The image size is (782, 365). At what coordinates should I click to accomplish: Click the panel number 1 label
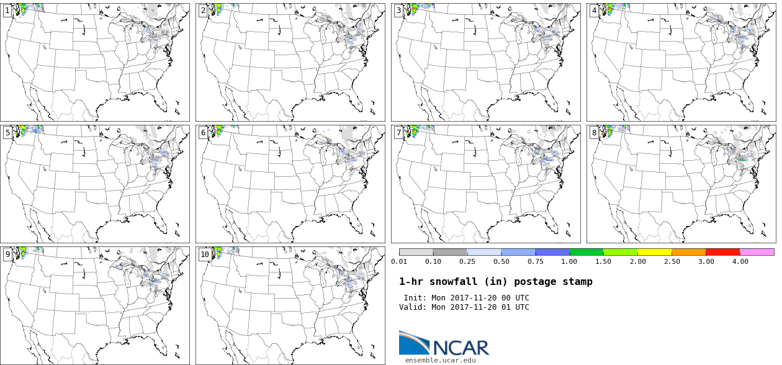7,11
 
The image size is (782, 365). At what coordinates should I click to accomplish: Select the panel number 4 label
595,11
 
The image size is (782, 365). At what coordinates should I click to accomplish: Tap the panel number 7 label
398,132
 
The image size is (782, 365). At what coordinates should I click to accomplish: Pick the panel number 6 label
203,132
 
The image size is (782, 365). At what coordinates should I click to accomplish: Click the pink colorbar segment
757,252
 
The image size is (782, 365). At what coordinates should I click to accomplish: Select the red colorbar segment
722,252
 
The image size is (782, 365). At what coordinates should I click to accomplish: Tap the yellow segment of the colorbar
654,252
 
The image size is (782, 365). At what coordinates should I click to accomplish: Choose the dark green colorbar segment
586,252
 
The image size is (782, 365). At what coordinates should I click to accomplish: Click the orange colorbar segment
688,252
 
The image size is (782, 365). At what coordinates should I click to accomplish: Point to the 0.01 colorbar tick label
399,261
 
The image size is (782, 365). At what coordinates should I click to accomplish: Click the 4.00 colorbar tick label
740,261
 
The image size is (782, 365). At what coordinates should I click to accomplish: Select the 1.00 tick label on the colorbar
569,261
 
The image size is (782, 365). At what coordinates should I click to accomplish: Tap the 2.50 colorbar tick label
672,261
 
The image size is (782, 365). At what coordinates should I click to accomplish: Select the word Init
415,298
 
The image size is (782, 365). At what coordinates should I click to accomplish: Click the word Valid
413,307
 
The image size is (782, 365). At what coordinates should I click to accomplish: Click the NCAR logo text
461,347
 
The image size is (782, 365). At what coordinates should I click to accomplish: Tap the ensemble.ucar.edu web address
441,360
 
